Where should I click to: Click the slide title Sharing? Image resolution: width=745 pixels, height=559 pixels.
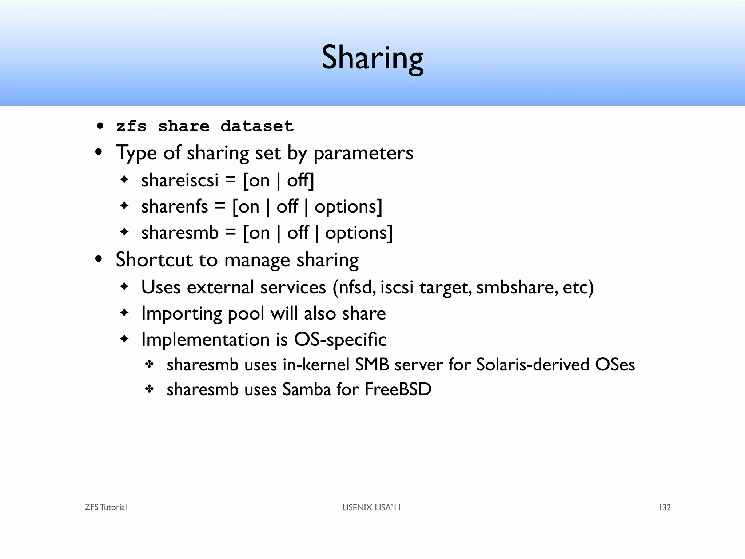point(372,58)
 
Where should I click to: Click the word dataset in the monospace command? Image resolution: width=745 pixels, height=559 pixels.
point(257,126)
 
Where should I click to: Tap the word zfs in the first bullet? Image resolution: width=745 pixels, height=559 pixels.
point(131,126)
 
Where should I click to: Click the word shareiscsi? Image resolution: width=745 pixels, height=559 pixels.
point(180,180)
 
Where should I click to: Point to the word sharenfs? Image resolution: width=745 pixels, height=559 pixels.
point(175,206)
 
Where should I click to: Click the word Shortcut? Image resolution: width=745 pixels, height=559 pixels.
point(154,260)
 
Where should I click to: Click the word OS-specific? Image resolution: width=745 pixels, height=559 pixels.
point(340,340)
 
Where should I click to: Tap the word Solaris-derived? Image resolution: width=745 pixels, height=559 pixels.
point(533,365)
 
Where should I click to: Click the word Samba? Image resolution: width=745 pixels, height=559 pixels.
point(307,389)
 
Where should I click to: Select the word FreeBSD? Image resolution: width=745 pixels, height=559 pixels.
point(398,389)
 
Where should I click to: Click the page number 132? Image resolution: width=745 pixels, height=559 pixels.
point(665,507)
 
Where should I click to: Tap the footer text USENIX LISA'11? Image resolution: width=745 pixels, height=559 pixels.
point(371,507)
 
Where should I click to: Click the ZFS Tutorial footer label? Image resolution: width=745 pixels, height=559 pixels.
point(106,507)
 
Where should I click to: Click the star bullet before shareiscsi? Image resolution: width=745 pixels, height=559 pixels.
point(124,179)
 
